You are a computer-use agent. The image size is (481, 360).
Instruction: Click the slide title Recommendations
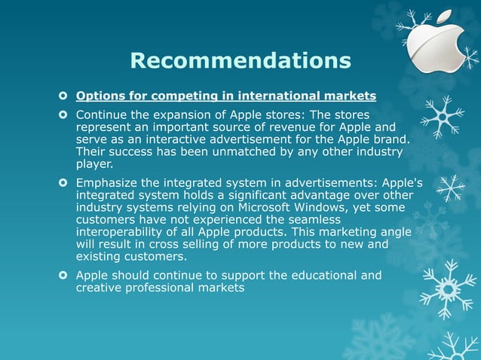[240, 59]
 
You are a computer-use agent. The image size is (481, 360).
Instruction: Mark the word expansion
[200, 115]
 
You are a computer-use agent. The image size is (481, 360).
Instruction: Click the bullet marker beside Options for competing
[63, 96]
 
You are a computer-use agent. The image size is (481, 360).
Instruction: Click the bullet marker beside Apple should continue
[63, 275]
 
